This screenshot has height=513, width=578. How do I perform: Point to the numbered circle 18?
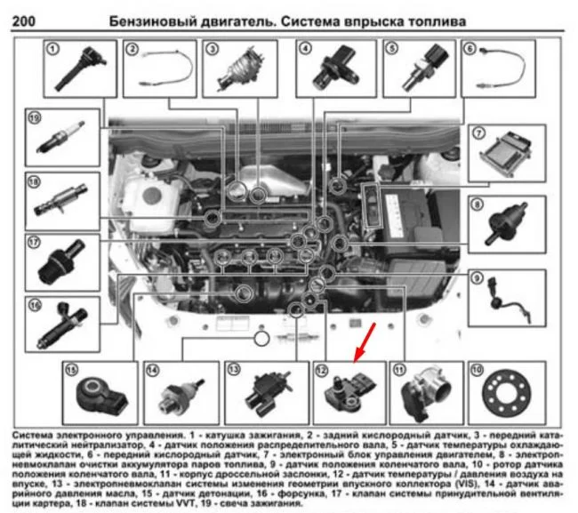click(x=34, y=183)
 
